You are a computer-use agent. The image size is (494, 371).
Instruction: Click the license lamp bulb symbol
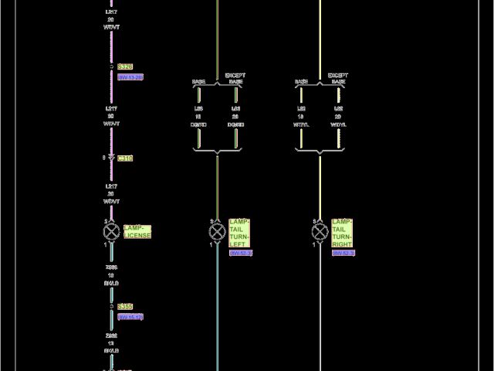click(x=111, y=231)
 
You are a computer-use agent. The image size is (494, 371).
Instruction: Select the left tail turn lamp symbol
click(x=217, y=232)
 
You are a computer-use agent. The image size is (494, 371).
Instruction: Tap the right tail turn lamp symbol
click(x=320, y=232)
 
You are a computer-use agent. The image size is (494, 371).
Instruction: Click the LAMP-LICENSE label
click(x=137, y=231)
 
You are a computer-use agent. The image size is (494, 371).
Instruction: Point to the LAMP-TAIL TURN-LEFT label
click(x=239, y=233)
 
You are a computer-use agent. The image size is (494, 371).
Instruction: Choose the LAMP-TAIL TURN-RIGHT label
click(x=342, y=233)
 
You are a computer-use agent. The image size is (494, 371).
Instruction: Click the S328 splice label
click(x=125, y=67)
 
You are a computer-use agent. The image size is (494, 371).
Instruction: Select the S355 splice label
click(x=125, y=306)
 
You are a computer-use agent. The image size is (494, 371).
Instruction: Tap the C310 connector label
click(x=125, y=158)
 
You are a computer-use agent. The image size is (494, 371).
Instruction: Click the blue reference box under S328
click(x=130, y=77)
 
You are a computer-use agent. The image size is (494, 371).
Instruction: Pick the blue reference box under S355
click(x=130, y=317)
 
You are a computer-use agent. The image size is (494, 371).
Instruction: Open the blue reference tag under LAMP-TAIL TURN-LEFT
click(x=240, y=253)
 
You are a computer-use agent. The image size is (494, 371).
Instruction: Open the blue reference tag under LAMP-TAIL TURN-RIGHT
click(x=343, y=253)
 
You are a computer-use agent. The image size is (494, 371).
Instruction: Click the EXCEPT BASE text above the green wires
click(x=235, y=78)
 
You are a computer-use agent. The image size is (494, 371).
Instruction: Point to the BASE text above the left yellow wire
click(x=301, y=81)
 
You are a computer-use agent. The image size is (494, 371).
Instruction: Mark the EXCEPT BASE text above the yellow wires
click(x=337, y=78)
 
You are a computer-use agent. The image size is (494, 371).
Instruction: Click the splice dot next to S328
click(x=111, y=67)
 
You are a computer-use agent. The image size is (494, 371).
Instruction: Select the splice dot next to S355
click(x=111, y=306)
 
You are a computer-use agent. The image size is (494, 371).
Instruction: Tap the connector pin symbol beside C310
click(x=111, y=158)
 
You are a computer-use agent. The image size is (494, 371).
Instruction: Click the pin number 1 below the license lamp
click(x=105, y=244)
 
